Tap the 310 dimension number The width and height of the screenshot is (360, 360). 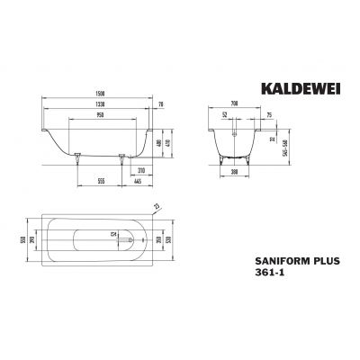[142, 169]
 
